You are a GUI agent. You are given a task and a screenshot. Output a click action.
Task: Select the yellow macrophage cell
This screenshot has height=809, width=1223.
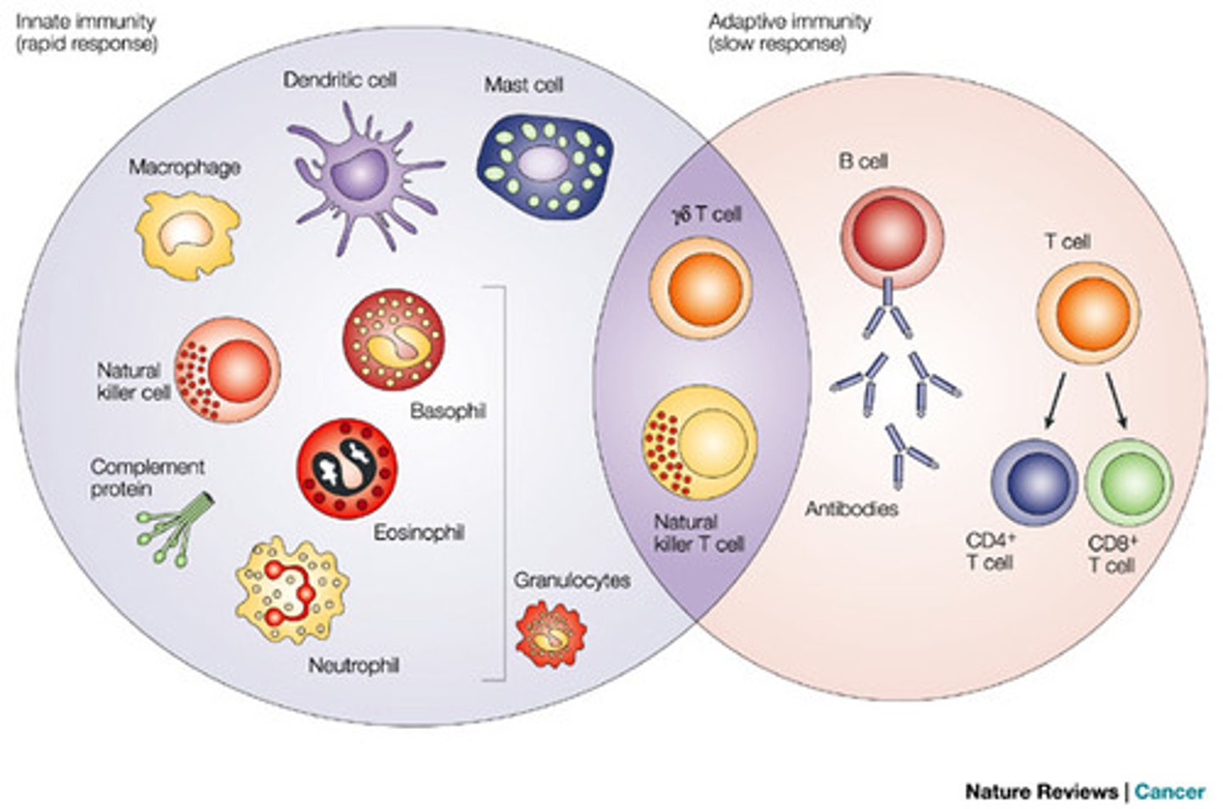point(188,233)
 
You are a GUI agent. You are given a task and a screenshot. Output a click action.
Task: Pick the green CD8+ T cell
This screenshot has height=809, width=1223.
point(1129,481)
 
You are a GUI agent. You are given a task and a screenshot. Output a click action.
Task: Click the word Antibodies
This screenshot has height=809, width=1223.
point(851,508)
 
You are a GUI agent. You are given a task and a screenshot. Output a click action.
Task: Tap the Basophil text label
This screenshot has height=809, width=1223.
point(448,412)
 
